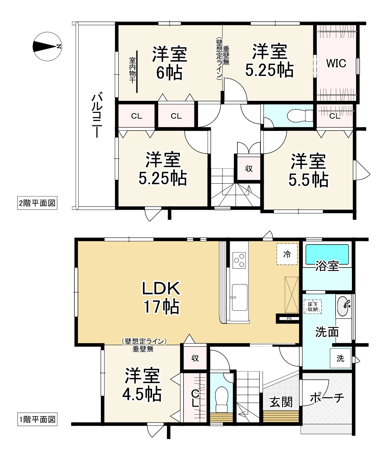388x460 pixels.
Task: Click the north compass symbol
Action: click(x=47, y=46)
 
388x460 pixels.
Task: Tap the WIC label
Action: click(x=336, y=63)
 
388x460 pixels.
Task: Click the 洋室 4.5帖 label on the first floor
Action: click(x=142, y=384)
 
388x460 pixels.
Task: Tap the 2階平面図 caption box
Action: click(x=37, y=203)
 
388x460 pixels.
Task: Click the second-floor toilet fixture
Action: click(x=300, y=115)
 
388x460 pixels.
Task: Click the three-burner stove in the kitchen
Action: click(x=239, y=260)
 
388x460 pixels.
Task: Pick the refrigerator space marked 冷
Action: click(x=287, y=254)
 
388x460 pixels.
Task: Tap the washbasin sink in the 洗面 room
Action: click(x=344, y=306)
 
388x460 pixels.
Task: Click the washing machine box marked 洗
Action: click(x=341, y=358)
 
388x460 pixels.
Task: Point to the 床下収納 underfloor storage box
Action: click(x=313, y=307)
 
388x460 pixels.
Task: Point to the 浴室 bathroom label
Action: click(x=327, y=266)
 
